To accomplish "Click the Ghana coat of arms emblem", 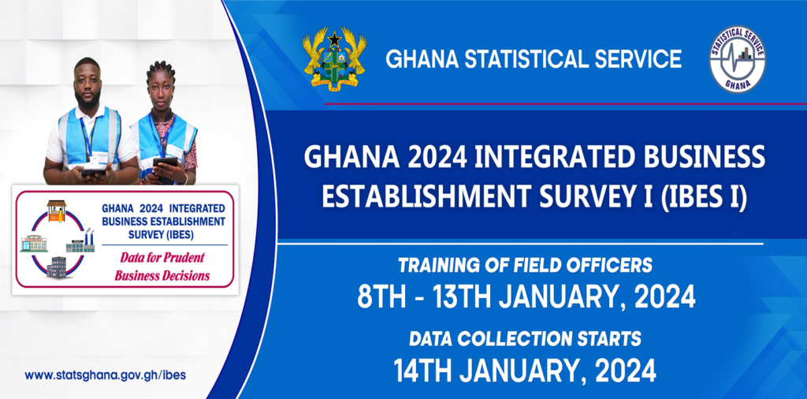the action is pyautogui.click(x=334, y=58).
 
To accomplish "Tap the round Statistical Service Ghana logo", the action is pyautogui.click(x=737, y=59).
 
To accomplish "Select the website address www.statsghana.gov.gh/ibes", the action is pyautogui.click(x=105, y=375).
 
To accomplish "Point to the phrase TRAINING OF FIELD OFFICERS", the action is pyautogui.click(x=525, y=266).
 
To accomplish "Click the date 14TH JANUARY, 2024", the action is pyautogui.click(x=525, y=370).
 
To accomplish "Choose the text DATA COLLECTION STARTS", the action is pyautogui.click(x=525, y=339).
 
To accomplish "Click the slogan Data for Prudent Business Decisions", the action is pyautogui.click(x=162, y=267).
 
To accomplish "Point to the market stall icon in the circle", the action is pyautogui.click(x=57, y=211).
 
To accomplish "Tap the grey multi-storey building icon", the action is pyautogui.click(x=57, y=268).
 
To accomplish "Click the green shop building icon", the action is pyautogui.click(x=34, y=243).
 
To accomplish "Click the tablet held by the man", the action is pyautogui.click(x=94, y=171).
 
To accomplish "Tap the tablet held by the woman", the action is pyautogui.click(x=165, y=162).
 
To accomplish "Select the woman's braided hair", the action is pyautogui.click(x=160, y=70).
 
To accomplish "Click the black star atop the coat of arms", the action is pyautogui.click(x=334, y=39).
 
